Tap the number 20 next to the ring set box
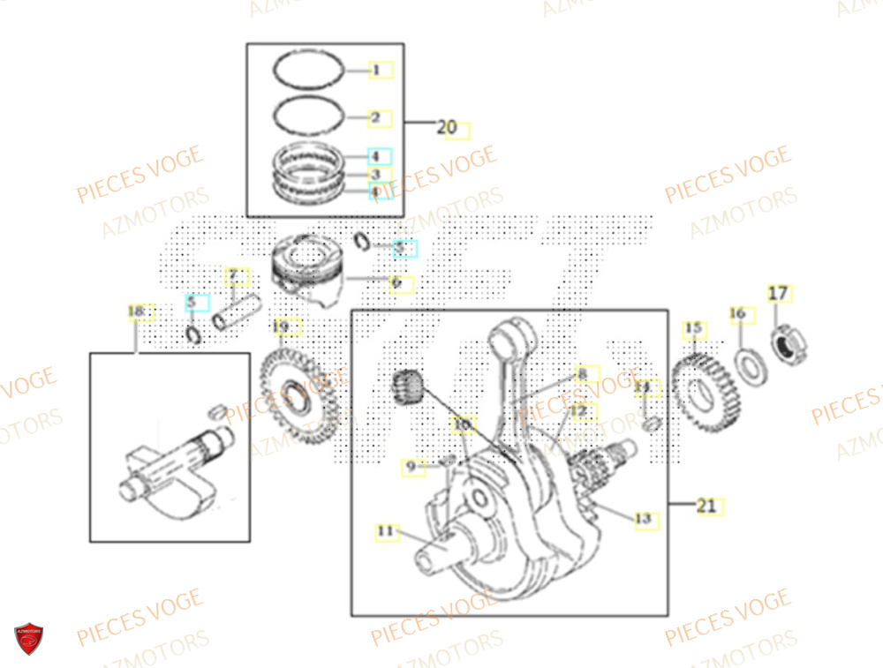point(448,128)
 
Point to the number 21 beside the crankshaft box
point(706,506)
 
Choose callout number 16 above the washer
point(738,314)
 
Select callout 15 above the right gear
point(694,330)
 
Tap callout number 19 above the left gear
point(281,327)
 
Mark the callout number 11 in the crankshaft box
point(385,531)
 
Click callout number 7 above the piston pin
point(233,276)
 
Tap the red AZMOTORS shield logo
point(29,639)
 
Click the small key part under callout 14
point(653,424)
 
